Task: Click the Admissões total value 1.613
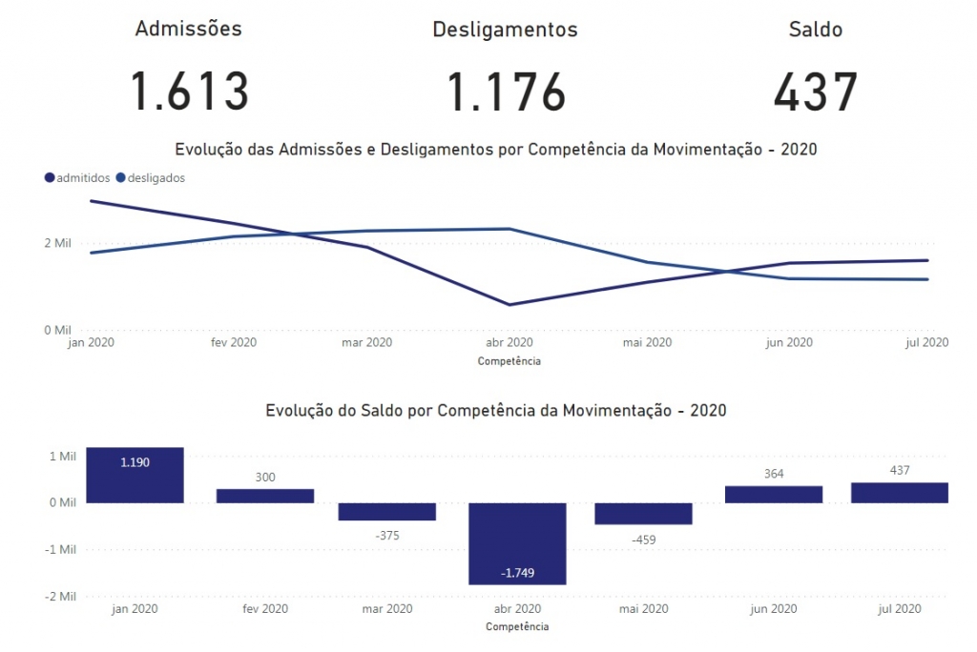coord(190,92)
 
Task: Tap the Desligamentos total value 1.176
coord(506,92)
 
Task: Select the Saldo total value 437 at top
coord(816,92)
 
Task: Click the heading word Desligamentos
coord(506,30)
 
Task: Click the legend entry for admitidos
coord(77,178)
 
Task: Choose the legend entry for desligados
coord(151,178)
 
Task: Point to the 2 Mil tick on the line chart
coord(57,243)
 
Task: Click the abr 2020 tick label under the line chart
coord(509,342)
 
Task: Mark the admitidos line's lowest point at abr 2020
coord(509,304)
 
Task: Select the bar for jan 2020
coord(135,475)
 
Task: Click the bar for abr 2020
coord(517,543)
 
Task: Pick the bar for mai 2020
coord(644,514)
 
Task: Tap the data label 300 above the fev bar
coord(265,477)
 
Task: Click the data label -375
coord(387,536)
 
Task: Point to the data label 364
coord(774,474)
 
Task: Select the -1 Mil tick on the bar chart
coord(60,549)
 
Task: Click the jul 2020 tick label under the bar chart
coord(900,608)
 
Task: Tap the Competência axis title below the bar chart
coord(517,626)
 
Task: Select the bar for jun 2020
coord(774,495)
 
